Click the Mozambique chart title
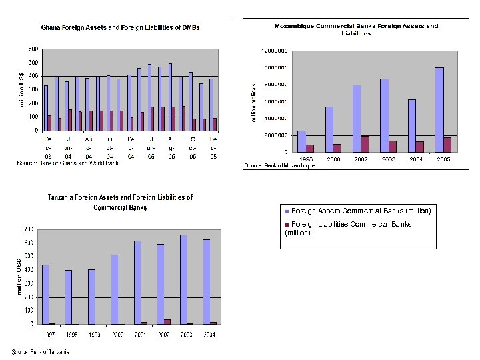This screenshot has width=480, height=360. pos(356,29)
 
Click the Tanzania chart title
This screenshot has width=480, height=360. pos(120,202)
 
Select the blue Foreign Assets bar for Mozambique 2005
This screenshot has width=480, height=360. pos(439,109)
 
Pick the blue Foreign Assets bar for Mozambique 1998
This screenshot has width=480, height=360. pos(301,141)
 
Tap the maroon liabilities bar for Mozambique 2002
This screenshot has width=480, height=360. pos(365,144)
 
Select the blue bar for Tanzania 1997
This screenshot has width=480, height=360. pos(45,294)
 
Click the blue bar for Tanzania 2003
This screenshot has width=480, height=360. pos(183,279)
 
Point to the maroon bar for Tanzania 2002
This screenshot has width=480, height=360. pos(167,321)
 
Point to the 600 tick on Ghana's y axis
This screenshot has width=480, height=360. pos(33,49)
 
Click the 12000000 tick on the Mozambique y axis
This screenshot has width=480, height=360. pos(275,51)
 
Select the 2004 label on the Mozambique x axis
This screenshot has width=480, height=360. pos(416,160)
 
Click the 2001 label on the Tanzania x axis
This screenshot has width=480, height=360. pos(140,335)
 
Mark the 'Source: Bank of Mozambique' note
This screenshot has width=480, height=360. pos(279,165)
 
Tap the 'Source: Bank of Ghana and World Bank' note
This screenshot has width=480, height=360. pos(67,163)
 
